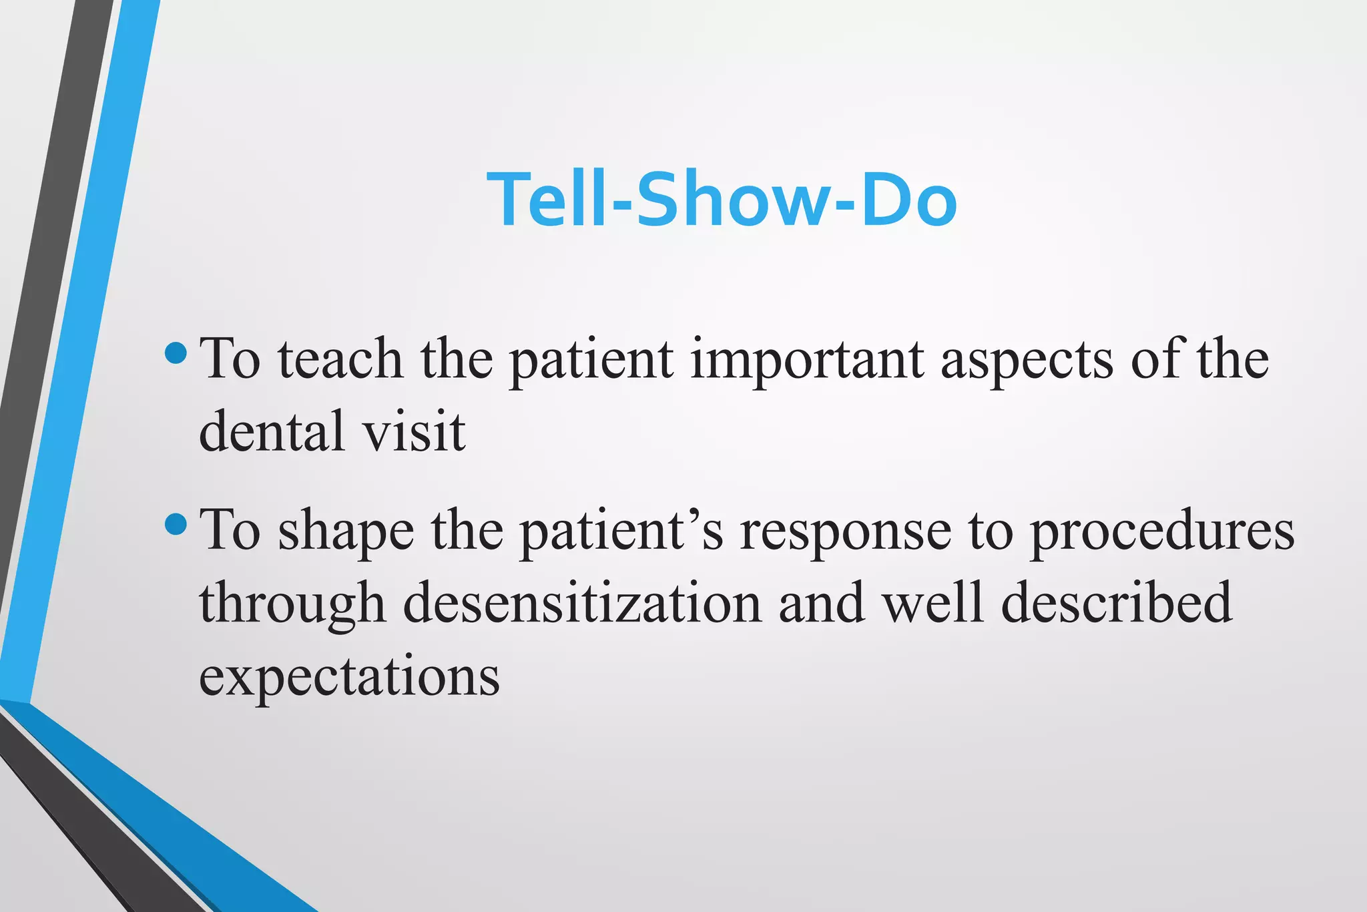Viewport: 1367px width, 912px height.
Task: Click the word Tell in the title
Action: [547, 200]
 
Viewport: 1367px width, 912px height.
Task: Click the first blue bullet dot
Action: [176, 353]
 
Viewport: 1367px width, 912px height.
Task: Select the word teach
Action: [340, 360]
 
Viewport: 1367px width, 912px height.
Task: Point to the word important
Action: [807, 361]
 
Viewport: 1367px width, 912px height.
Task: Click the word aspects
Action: [1027, 361]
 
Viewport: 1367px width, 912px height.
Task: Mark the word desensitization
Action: [582, 604]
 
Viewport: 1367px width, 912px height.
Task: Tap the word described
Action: [1117, 604]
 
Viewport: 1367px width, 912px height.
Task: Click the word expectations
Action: [349, 677]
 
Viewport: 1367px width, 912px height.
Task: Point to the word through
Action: [292, 605]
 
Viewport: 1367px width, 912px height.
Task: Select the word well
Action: [932, 604]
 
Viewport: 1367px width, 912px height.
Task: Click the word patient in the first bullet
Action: [591, 361]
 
